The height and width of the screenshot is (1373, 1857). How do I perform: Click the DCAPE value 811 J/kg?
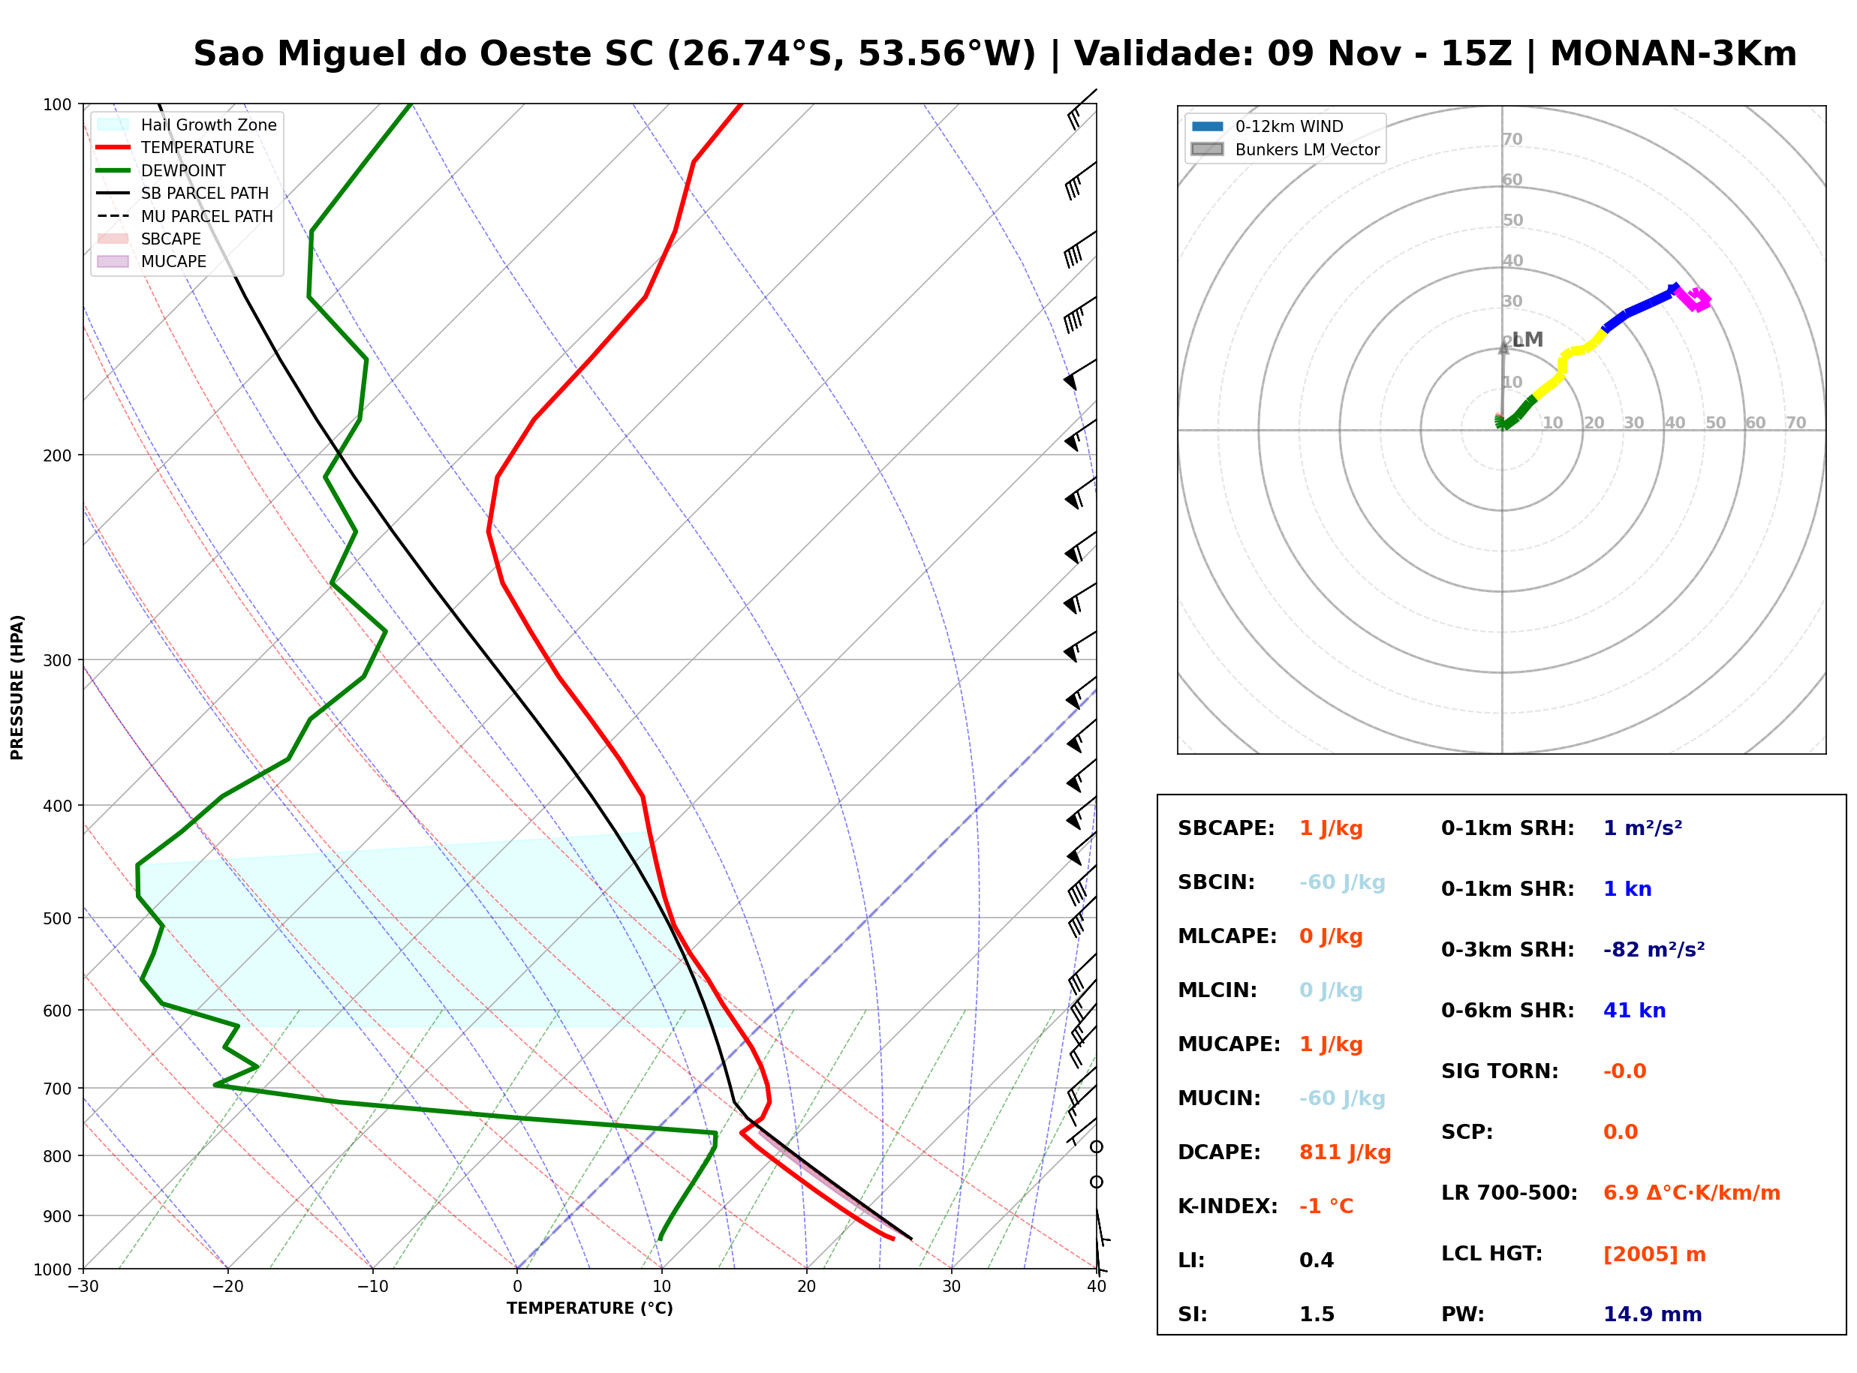1344,1152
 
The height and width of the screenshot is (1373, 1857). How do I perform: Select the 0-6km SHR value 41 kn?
1634,1011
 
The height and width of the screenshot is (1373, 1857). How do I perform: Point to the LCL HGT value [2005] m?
1654,1254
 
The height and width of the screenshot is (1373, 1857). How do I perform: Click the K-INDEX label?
1228,1206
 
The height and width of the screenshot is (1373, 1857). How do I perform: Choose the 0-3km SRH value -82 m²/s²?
1654,949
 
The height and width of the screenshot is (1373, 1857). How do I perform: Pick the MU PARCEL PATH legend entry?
185,216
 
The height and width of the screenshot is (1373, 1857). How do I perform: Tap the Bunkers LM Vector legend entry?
1285,149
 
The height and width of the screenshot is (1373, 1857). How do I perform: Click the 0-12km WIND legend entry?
1267,126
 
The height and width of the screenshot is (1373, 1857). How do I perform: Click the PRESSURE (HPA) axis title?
17,687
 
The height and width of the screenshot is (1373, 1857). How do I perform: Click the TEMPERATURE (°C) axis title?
590,1308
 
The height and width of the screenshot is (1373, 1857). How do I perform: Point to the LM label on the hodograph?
1527,339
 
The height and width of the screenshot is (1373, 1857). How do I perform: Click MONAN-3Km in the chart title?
1673,54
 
